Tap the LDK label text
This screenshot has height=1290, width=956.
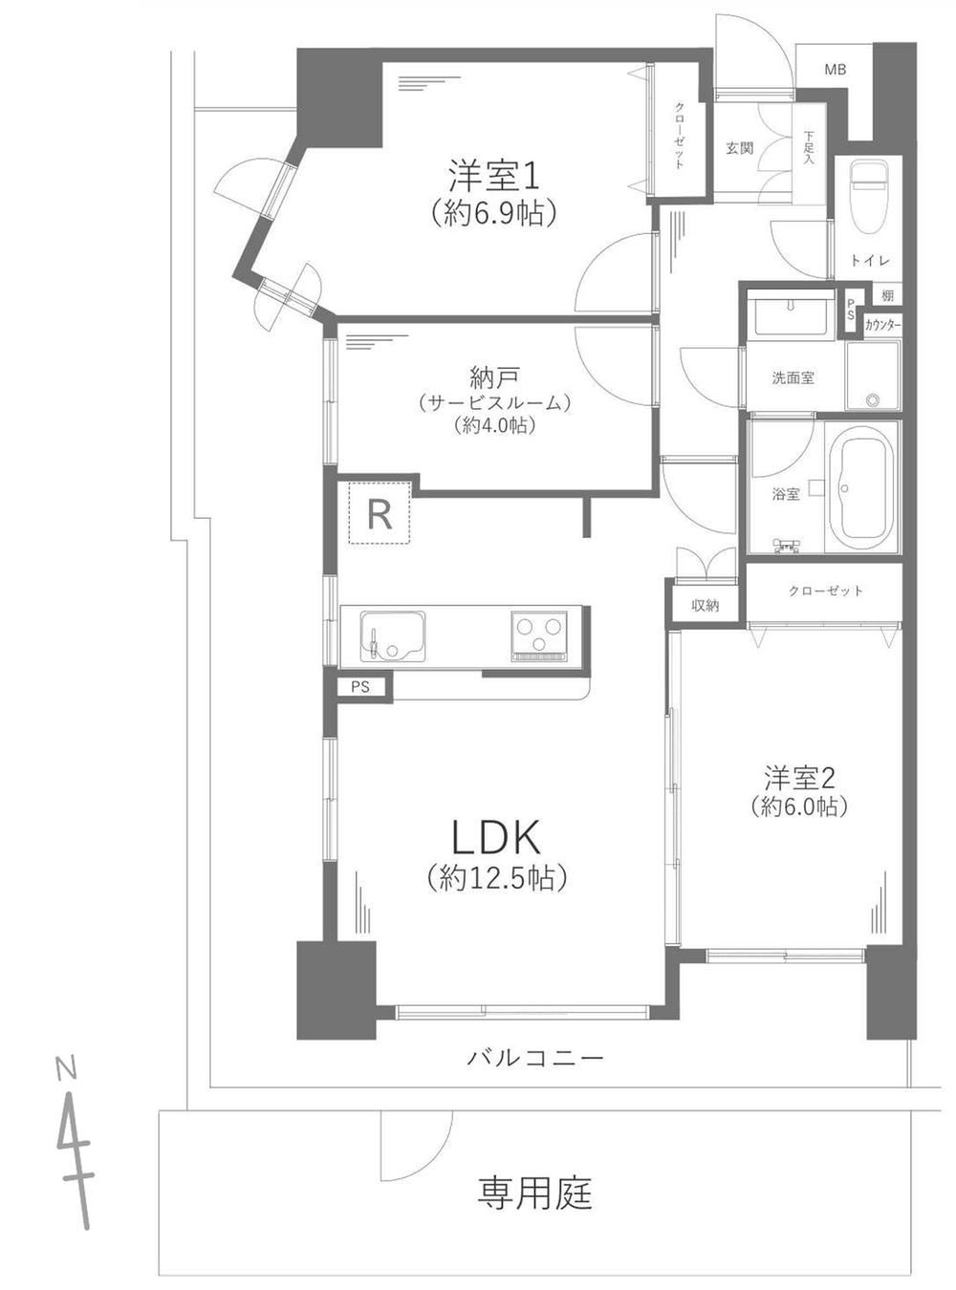497,838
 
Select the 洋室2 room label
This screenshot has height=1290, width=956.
800,778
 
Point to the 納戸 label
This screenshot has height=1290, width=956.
493,379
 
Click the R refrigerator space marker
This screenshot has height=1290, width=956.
380,514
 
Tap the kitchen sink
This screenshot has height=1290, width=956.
392,635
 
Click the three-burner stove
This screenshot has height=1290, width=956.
539,635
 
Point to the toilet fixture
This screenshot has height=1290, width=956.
869,197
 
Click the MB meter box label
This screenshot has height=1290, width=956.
835,70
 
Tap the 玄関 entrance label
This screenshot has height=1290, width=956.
740,149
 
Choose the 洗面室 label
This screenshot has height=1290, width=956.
793,378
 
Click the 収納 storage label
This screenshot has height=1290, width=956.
706,606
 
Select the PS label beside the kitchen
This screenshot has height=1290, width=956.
360,687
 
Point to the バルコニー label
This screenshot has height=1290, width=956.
535,1055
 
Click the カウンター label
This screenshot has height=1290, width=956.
882,326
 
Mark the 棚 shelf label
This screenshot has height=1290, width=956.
887,296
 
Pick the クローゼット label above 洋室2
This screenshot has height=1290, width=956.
826,591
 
